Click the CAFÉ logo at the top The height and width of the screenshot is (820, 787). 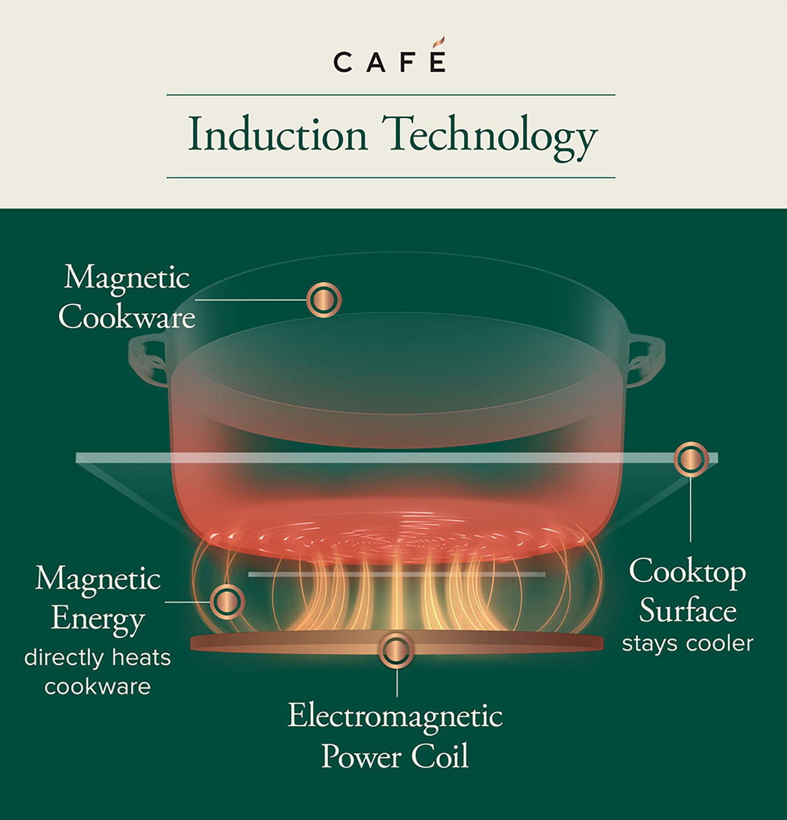[390, 61]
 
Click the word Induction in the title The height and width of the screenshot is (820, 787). [277, 135]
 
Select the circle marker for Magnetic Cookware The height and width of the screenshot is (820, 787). [323, 299]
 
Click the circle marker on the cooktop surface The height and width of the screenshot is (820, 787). [691, 459]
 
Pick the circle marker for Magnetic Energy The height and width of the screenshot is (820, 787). [227, 602]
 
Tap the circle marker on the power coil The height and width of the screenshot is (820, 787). [396, 650]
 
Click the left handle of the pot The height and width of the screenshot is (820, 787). [148, 360]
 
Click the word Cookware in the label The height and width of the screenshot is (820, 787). [127, 318]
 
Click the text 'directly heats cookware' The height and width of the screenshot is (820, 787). [97, 672]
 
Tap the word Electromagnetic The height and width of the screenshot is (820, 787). [395, 716]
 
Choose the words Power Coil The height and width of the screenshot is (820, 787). [395, 756]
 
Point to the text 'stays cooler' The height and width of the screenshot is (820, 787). [687, 644]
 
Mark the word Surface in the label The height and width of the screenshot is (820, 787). [687, 611]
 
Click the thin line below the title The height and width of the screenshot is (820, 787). [390, 177]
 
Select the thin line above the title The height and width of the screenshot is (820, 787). [390, 95]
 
